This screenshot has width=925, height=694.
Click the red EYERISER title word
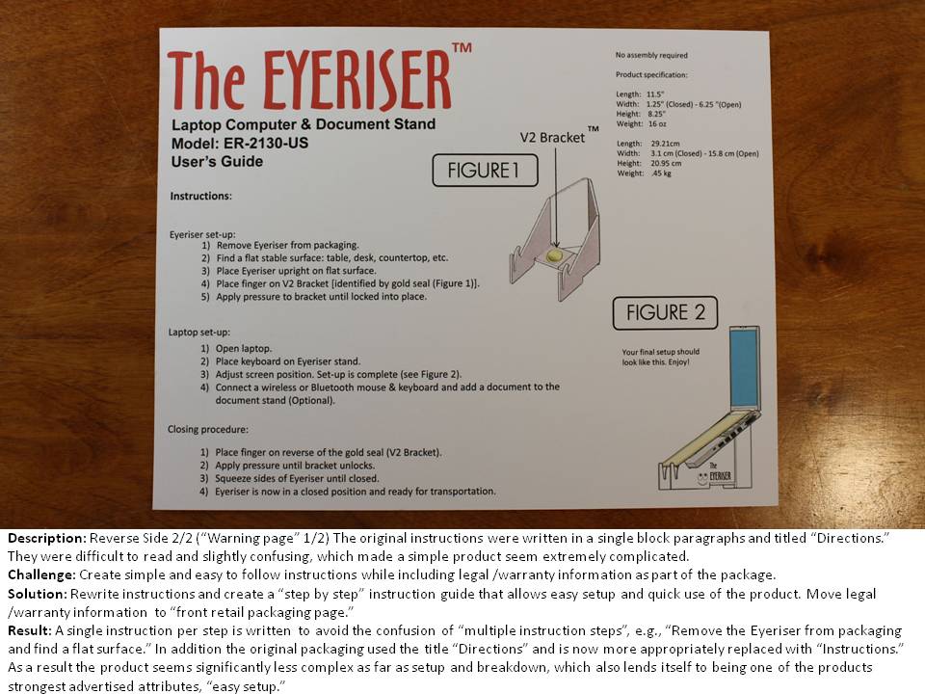(x=357, y=80)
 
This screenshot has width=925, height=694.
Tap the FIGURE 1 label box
(x=485, y=171)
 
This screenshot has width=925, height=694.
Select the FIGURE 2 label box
(x=665, y=312)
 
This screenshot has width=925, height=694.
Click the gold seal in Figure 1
(x=555, y=255)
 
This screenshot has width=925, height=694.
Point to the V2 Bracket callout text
(x=552, y=138)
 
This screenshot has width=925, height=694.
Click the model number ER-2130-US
(x=266, y=144)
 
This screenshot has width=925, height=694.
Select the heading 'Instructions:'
(x=201, y=196)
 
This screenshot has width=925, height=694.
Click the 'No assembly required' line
(x=651, y=55)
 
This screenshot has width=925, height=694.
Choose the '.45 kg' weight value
(x=661, y=173)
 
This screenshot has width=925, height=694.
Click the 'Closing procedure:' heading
(x=208, y=430)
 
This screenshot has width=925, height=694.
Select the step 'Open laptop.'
(x=244, y=349)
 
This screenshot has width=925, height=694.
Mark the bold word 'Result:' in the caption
(x=30, y=630)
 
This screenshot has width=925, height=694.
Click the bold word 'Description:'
(x=47, y=538)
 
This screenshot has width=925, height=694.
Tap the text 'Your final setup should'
(x=661, y=352)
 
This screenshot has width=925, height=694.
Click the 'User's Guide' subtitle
(x=217, y=162)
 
